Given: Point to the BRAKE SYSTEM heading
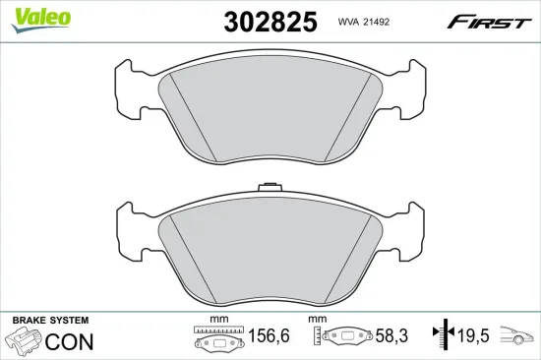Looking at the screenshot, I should coord(49,321).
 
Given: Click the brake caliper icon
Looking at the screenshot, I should coord(23,342).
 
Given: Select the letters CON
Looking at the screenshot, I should coord(71,342).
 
